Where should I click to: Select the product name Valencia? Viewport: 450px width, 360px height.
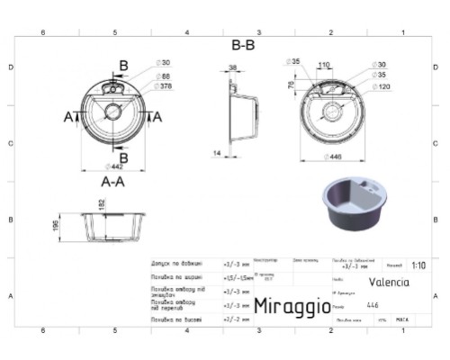tap(388, 282)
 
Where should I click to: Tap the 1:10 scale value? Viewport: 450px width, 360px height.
tap(418, 265)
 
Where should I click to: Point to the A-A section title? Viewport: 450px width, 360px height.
tap(112, 180)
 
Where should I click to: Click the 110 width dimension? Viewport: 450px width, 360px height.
tap(324, 66)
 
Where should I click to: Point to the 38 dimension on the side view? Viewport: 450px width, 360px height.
tap(232, 67)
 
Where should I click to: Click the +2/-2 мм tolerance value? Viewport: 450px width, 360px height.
tap(232, 319)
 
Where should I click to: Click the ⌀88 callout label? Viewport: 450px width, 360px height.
tap(166, 76)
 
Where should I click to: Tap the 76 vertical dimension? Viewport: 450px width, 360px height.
tap(291, 85)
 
